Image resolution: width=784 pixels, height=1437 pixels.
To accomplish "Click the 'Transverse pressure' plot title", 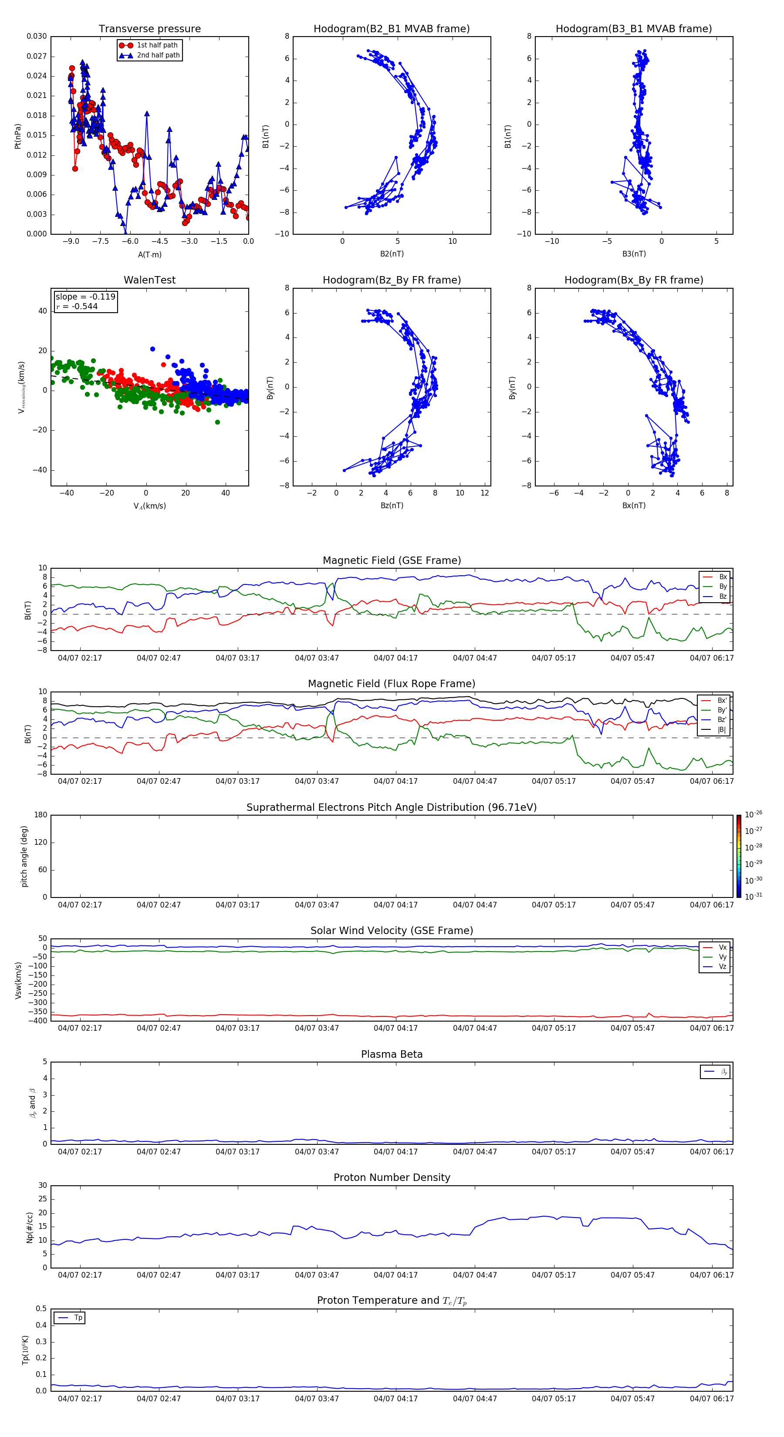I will click(149, 29).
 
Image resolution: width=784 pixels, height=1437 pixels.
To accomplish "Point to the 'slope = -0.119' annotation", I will click(85, 297).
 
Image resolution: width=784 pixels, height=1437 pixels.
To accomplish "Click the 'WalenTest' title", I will click(149, 280).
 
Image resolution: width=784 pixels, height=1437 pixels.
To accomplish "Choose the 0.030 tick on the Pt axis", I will click(37, 36).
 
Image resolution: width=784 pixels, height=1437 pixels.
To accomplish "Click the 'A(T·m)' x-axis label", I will click(149, 254).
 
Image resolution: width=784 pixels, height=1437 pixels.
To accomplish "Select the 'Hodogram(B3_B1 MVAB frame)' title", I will click(633, 29).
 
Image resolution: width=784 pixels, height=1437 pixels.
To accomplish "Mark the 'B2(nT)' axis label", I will click(392, 254).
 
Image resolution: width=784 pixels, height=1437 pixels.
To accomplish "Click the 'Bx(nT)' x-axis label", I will click(633, 506).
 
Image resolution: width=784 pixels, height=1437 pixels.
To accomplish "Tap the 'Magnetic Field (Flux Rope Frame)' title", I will click(391, 684).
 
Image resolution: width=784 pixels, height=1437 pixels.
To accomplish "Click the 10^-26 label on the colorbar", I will click(754, 814).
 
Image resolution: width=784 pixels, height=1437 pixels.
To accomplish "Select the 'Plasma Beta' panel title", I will click(391, 1054).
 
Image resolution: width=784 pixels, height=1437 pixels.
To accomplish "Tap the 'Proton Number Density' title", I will click(391, 1177).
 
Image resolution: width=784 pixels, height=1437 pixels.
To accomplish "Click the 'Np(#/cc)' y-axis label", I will click(30, 1227).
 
